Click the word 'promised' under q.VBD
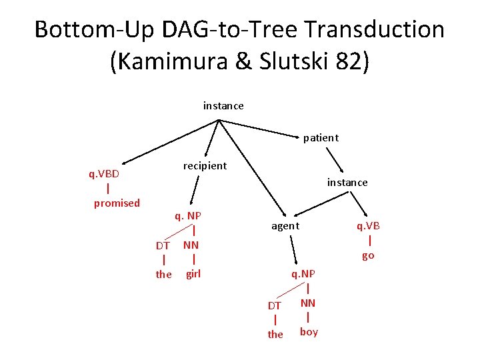point(117,203)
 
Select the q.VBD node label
point(105,174)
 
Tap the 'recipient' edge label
point(205,165)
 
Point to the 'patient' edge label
point(321,138)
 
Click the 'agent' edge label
point(285,227)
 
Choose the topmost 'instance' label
point(223,106)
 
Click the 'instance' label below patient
point(347,182)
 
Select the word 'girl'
point(193,273)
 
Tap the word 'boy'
point(309,331)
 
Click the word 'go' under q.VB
point(368,255)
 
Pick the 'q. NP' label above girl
point(188,215)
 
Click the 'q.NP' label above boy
point(303,274)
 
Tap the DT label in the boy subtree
point(275,305)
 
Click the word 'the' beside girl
point(163,274)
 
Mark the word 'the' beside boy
point(275,334)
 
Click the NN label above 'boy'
point(308,303)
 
